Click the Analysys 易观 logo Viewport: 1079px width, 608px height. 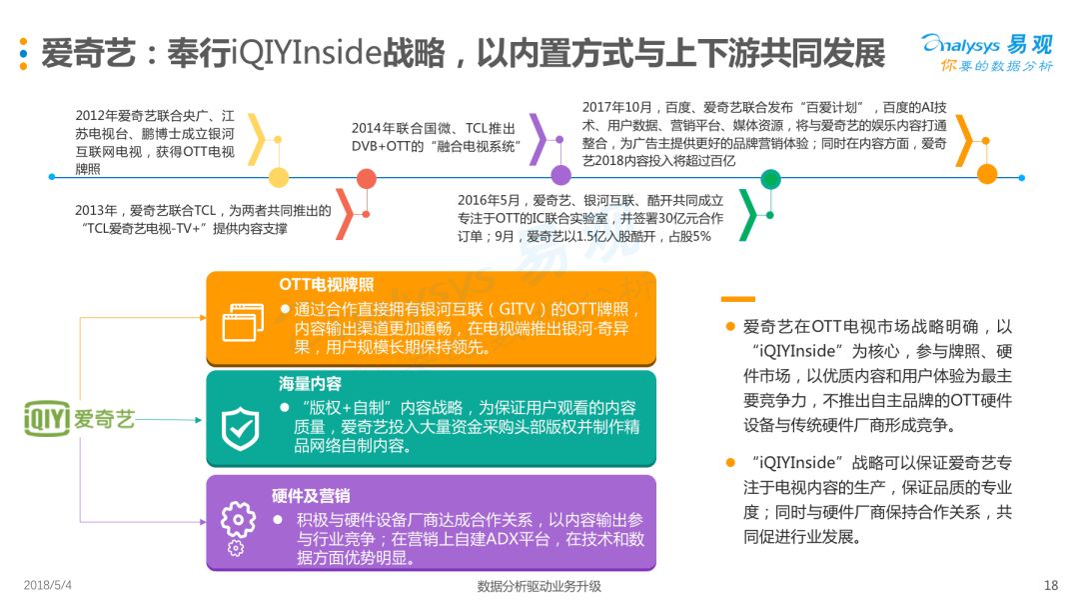click(x=986, y=51)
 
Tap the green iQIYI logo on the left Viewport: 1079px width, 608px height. click(x=79, y=418)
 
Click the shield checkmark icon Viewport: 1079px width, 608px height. click(x=240, y=427)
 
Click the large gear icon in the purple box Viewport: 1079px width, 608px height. click(x=238, y=519)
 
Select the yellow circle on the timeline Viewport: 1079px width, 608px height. click(x=279, y=178)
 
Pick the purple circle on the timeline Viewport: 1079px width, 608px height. click(x=560, y=176)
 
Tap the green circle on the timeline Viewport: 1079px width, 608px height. click(x=770, y=179)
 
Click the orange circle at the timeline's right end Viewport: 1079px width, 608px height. click(x=987, y=174)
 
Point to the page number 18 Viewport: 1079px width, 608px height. click(x=1050, y=585)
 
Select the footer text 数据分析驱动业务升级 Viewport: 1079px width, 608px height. click(x=539, y=586)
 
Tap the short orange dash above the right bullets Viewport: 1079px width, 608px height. click(x=737, y=298)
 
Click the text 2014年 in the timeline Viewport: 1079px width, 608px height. click(x=371, y=128)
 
